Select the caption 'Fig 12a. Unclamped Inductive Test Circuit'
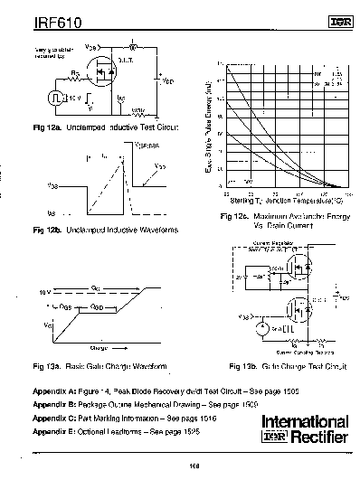pos(105,129)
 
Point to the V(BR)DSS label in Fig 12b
pos(147,144)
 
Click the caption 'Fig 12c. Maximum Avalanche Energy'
pos(280,217)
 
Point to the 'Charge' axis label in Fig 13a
pos(98,346)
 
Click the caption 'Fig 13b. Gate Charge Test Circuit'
pos(282,368)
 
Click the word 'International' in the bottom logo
pos(305,422)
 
